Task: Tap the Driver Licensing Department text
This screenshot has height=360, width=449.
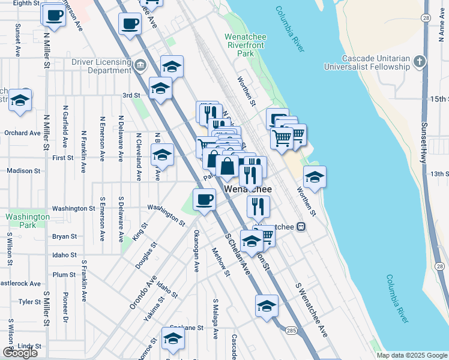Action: [x=101, y=65]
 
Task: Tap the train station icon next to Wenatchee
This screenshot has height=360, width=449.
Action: [x=301, y=227]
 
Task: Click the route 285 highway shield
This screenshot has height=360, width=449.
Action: [x=291, y=331]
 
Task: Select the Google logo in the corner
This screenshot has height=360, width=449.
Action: [x=20, y=353]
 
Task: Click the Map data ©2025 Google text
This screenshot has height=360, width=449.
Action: [x=411, y=355]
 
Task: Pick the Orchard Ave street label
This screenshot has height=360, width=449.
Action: [x=22, y=133]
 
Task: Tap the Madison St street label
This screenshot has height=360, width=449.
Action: [x=24, y=170]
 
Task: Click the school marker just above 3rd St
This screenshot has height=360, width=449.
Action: [x=172, y=66]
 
